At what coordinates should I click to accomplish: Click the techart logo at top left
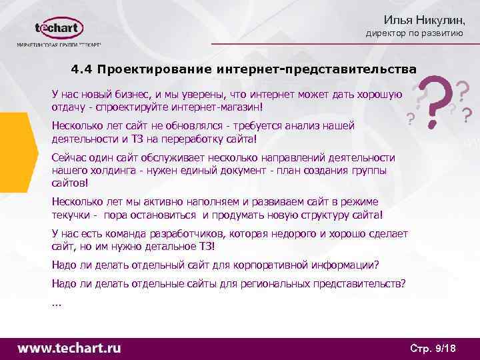coord(59,29)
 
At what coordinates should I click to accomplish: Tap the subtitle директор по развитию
coord(414,34)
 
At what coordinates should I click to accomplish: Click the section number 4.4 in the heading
coord(83,69)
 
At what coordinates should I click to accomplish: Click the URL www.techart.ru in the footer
coord(69,347)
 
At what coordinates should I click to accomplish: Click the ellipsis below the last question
coord(56,302)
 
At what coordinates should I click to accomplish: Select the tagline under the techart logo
coord(59,45)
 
